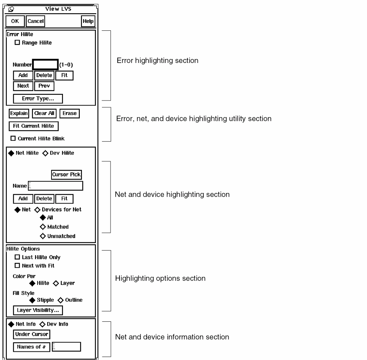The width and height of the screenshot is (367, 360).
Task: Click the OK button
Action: tap(15, 21)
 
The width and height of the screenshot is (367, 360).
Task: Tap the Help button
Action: tap(88, 21)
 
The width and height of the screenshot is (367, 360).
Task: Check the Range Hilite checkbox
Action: tap(16, 43)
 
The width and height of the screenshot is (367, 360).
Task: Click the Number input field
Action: tap(45, 65)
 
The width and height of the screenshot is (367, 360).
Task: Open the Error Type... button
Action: tap(38, 99)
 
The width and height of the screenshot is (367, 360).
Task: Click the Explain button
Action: tap(19, 113)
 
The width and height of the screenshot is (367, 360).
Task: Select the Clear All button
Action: tap(44, 113)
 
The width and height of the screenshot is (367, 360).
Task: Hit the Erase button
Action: tap(69, 113)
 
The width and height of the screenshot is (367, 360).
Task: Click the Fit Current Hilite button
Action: tap(33, 126)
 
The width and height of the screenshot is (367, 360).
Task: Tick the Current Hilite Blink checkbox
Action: tap(14, 138)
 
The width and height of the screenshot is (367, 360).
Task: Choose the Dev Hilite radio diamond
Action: tap(45, 153)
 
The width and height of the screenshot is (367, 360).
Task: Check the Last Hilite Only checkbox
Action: tap(16, 257)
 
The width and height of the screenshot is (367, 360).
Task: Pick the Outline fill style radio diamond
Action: tap(60, 300)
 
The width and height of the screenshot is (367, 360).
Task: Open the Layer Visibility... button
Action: tap(38, 310)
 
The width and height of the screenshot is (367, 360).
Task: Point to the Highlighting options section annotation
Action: tap(160, 278)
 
